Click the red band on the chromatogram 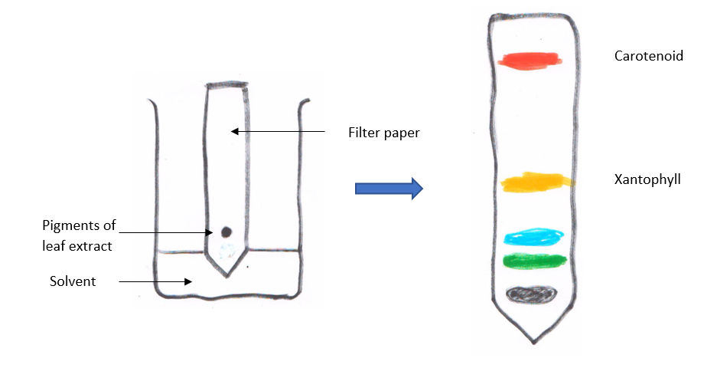point(530,59)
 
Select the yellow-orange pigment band point(536,182)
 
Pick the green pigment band point(534,261)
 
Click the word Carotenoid point(648,56)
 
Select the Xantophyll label point(647,179)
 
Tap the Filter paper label point(383,133)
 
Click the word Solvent point(73,281)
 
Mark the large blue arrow point(389,188)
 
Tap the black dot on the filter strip point(226,232)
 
